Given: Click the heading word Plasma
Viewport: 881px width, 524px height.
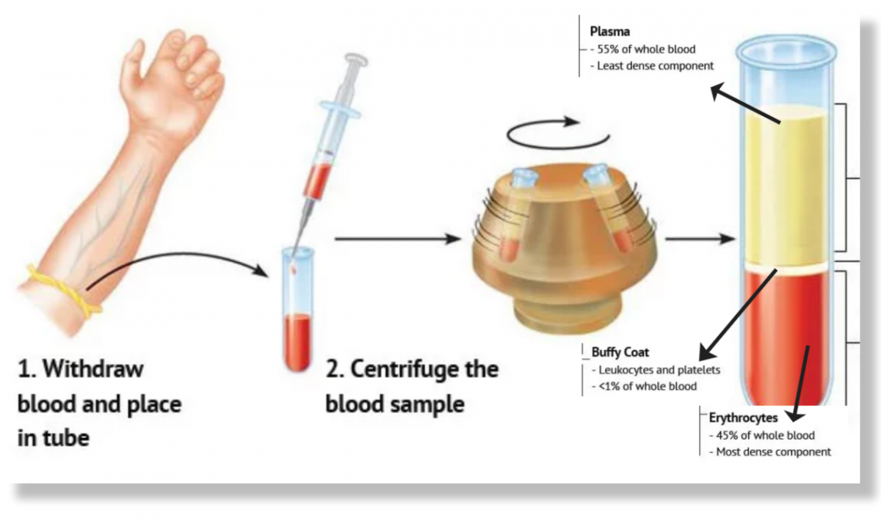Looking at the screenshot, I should [x=610, y=32].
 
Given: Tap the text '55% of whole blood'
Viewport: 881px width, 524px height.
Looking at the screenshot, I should [x=645, y=50].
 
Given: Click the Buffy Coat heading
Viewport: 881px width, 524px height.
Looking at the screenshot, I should [x=620, y=352].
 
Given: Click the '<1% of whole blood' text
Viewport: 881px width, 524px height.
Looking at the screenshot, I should [x=646, y=386].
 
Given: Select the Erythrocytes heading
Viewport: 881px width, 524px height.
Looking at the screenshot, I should [x=743, y=418].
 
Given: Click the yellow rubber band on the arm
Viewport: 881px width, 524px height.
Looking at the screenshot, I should [x=62, y=294].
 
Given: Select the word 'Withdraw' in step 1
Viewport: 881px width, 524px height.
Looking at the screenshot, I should [x=93, y=369].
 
